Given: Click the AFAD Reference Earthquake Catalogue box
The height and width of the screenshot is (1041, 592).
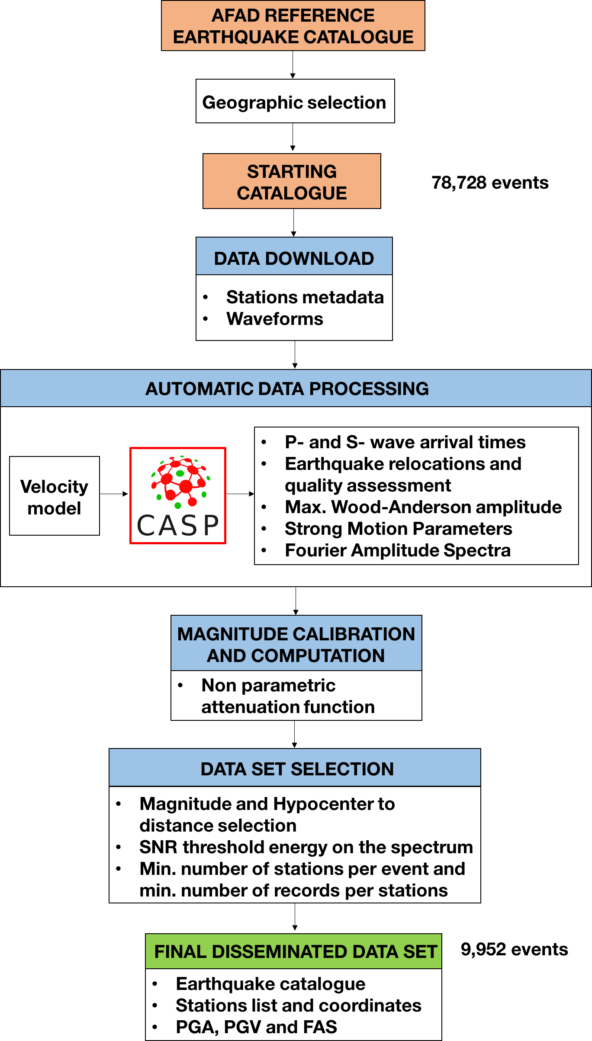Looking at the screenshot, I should pos(293,26).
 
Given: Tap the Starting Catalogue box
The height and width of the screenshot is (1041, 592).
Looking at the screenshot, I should pos(292,181).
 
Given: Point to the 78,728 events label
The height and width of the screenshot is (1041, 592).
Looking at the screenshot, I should pos(490,183).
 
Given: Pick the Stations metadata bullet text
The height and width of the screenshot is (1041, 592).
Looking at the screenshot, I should pos(305,297).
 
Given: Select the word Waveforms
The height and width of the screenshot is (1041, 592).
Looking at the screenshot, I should pos(274,319).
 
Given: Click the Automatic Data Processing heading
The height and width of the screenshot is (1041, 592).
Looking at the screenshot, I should pos(287,389).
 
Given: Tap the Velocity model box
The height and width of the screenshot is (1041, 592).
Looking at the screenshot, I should pos(55,496).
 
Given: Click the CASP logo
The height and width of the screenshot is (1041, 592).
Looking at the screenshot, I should pos(178,495).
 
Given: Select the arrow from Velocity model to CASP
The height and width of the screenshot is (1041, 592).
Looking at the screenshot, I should pos(114,494).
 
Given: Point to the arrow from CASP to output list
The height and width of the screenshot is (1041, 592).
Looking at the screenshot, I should pos(240,494).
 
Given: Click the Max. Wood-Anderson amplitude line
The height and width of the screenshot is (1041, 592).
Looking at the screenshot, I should pos(423,507).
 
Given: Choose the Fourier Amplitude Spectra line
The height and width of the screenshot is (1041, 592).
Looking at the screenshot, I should pos(397,550).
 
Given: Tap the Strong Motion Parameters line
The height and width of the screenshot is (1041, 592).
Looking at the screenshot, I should pos(398,529).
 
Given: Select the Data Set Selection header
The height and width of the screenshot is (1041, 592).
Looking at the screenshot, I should pos(297,769).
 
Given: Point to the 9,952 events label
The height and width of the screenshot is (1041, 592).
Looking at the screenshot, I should pos(514,949).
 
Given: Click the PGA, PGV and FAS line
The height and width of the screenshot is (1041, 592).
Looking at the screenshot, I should pos(256,1027).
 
